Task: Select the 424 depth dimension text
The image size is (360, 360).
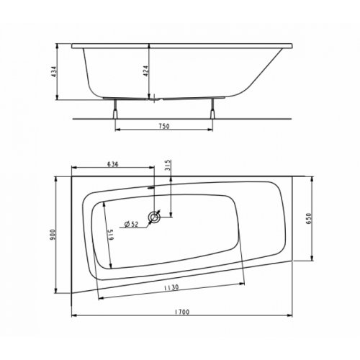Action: (145, 72)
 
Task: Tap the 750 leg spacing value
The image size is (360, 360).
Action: (163, 127)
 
